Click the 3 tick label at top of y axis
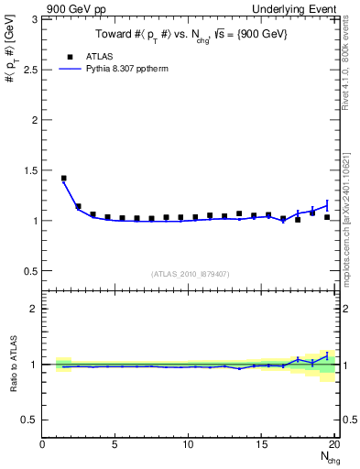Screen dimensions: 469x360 click(35, 19)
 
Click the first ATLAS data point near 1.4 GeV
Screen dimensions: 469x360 click(63, 179)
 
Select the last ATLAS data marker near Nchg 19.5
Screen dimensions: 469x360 click(327, 217)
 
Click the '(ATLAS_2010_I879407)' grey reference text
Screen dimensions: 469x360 click(190, 272)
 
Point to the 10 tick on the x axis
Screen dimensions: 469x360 click(188, 445)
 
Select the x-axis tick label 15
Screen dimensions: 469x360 click(261, 445)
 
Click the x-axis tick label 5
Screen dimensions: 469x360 click(115, 445)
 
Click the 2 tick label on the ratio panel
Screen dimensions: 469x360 click(35, 309)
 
